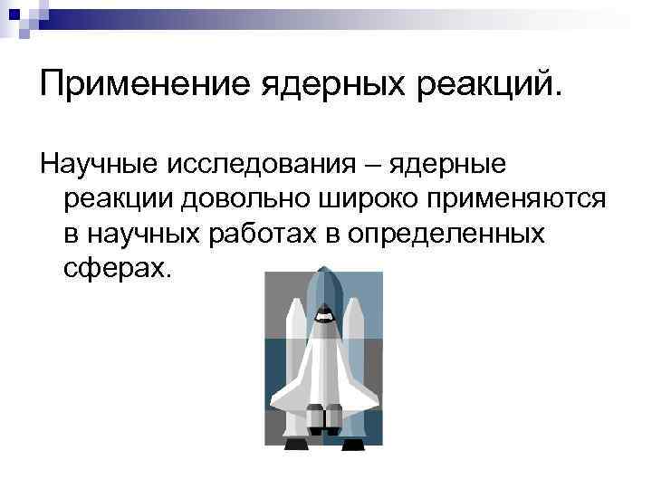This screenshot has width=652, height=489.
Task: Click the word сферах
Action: click(x=116, y=268)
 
